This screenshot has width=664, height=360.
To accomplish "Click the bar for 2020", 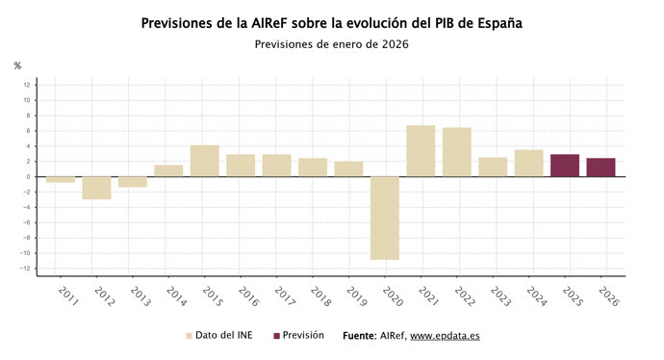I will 385,218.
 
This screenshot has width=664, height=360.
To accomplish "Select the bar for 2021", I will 421,151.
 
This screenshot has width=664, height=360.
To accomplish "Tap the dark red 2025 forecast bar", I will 565,166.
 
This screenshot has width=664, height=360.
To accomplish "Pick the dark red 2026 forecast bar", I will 600,167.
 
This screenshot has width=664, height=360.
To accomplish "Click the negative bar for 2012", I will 96,188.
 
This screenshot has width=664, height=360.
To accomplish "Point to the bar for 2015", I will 204,161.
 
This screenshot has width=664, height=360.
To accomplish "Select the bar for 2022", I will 457,152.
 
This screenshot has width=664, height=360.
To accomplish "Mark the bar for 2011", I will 61,180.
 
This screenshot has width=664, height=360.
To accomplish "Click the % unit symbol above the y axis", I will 17,65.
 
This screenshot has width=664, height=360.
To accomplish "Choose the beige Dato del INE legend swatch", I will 189,336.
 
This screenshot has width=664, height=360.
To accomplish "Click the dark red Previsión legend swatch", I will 277,336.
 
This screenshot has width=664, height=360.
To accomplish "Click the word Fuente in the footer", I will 360,336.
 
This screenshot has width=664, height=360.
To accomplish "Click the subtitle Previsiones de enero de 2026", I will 331,43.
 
